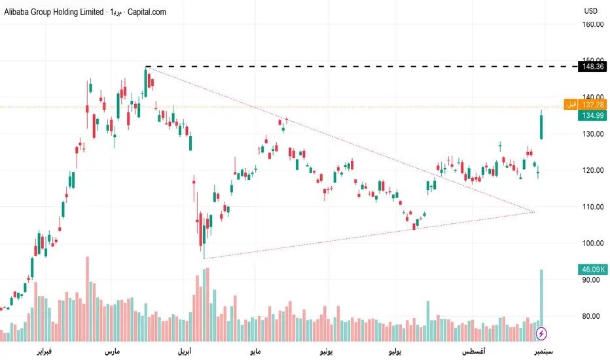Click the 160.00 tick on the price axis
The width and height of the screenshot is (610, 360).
click(592, 24)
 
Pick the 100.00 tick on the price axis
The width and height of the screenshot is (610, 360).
click(592, 243)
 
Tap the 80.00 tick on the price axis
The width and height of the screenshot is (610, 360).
click(592, 316)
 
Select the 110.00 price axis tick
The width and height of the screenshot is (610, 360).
click(592, 207)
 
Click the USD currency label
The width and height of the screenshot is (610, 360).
click(591, 11)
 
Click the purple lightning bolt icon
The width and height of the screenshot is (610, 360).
click(541, 334)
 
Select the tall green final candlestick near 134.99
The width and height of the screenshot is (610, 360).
click(541, 126)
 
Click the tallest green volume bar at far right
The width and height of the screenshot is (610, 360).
click(541, 298)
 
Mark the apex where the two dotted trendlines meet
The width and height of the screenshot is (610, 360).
click(535, 211)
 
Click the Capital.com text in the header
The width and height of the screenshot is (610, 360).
click(145, 12)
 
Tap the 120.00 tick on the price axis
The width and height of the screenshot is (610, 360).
click(592, 170)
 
